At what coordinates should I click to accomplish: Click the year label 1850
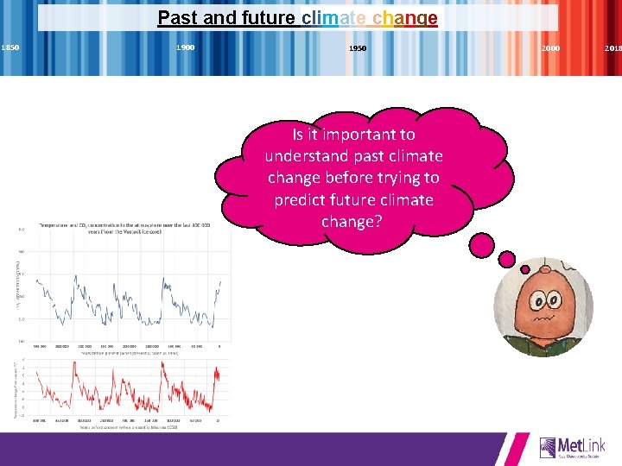[10, 47]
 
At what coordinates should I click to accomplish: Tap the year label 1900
[185, 47]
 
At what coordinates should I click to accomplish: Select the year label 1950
[358, 48]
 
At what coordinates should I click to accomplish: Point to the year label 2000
[549, 48]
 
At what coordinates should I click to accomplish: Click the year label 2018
[612, 48]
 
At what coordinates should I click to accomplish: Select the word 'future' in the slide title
[265, 18]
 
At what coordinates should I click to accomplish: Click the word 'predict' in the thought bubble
[301, 199]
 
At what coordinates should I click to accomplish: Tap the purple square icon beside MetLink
[548, 447]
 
